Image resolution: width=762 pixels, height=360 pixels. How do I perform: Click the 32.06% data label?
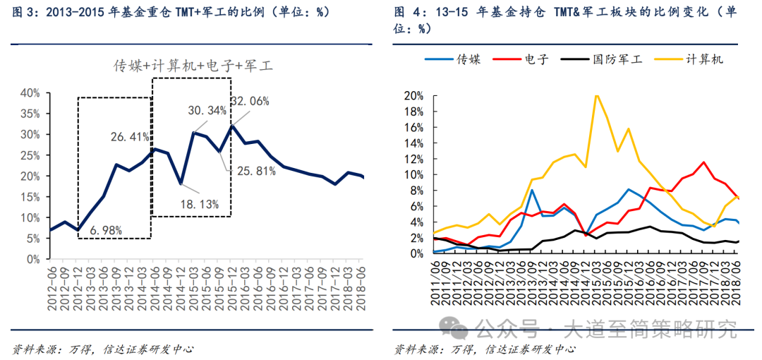click(250, 101)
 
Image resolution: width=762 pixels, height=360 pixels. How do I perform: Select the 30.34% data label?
click(207, 111)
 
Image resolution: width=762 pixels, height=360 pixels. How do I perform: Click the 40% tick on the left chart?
click(30, 92)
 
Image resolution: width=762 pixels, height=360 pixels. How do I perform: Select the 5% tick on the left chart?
click(32, 239)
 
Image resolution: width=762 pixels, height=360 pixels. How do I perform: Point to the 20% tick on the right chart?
click(413, 96)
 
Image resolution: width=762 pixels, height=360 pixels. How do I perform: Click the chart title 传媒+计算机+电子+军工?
click(193, 66)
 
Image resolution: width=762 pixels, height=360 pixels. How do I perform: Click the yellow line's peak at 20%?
click(597, 95)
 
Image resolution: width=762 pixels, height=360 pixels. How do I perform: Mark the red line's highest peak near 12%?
click(703, 162)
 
